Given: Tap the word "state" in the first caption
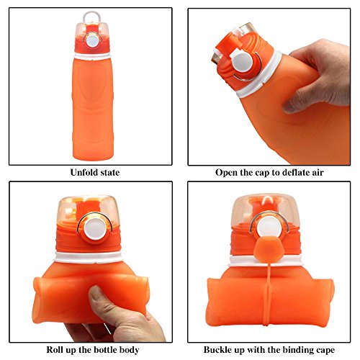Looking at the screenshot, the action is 109,173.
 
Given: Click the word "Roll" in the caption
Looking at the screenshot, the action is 54,349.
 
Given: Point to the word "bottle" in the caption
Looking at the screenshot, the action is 104,349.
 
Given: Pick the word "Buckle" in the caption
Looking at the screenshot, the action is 216,349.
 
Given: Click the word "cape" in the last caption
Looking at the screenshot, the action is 325,351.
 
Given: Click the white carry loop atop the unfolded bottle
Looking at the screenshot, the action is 91,16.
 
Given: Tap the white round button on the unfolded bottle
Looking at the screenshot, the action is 92,40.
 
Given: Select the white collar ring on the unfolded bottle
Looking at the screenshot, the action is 92,56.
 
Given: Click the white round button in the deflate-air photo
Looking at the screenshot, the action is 241,62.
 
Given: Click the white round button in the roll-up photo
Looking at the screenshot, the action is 95,229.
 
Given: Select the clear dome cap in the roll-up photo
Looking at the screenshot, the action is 89,210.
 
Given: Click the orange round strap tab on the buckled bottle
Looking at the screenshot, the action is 269,250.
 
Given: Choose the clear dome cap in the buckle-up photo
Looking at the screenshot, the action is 266,210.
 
